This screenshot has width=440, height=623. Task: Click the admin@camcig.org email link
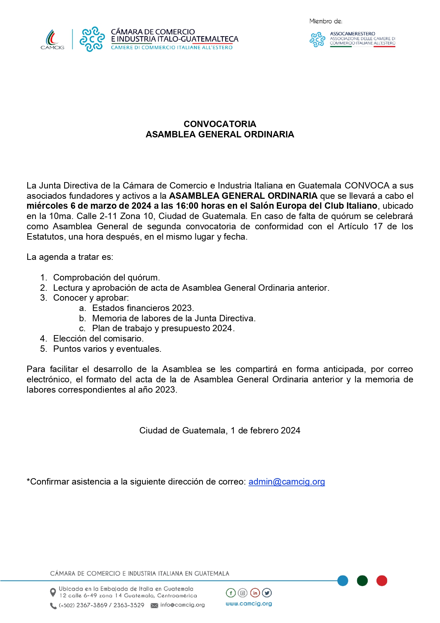(x=286, y=482)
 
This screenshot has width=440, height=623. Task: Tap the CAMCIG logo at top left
(x=52, y=39)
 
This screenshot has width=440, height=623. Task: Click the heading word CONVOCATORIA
(x=220, y=124)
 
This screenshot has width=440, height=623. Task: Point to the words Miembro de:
(x=325, y=21)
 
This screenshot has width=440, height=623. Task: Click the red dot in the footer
(x=381, y=581)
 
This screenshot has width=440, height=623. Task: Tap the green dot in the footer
(x=362, y=581)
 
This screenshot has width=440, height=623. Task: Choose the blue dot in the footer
(x=342, y=581)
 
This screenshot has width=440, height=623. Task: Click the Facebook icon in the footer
(x=230, y=593)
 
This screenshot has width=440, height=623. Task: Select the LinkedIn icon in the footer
(x=255, y=593)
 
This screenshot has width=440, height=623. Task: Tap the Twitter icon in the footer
(x=267, y=593)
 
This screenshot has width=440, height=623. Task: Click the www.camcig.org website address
(x=249, y=604)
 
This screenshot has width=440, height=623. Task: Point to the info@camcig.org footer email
(x=182, y=605)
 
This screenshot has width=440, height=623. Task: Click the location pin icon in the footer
(x=53, y=592)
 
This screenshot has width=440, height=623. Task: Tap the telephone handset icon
(x=53, y=606)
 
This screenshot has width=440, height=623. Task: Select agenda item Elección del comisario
(x=98, y=339)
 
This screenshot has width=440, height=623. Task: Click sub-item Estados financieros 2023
(x=143, y=308)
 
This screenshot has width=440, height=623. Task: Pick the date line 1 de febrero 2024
(x=265, y=431)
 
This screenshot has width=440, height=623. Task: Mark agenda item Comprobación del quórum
(x=106, y=278)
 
